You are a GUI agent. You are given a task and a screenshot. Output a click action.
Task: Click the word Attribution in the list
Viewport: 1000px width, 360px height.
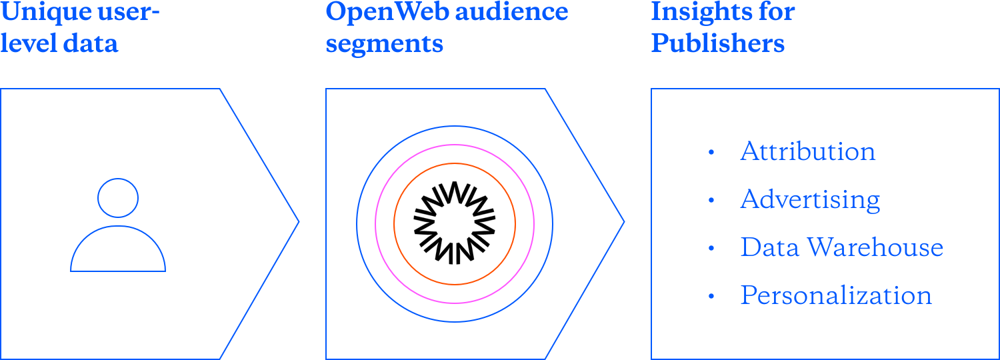tap(807, 152)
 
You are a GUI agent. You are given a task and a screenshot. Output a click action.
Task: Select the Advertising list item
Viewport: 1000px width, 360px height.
tap(810, 200)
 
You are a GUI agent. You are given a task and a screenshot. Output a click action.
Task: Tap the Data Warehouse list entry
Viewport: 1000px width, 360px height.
tap(841, 248)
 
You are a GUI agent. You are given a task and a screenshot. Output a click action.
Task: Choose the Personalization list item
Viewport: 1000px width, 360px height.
tap(835, 295)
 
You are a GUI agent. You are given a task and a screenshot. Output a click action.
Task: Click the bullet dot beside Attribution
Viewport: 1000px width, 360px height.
tap(711, 153)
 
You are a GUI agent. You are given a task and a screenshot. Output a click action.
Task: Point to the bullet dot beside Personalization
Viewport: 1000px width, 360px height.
tap(711, 296)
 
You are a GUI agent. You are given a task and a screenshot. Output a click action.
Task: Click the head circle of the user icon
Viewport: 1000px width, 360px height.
tap(118, 198)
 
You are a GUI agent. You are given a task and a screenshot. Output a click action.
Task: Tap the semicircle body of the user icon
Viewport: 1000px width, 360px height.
tap(118, 250)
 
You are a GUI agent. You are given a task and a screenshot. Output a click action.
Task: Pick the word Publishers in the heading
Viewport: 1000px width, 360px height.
tap(717, 43)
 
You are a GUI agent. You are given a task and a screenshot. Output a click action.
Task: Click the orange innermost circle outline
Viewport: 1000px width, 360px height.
tap(455, 163)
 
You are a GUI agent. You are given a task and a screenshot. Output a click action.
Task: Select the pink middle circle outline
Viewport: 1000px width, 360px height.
tap(455, 145)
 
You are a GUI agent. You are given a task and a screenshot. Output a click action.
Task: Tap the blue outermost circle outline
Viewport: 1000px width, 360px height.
tap(455, 126)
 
